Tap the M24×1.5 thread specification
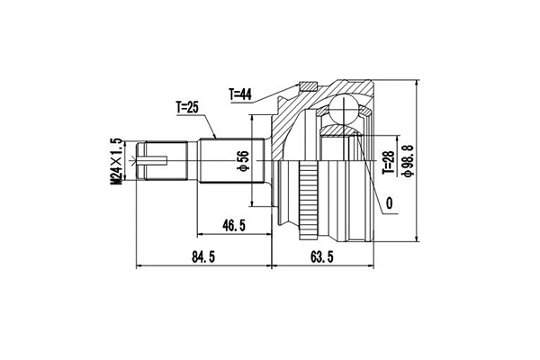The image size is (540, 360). pyautogui.click(x=116, y=162)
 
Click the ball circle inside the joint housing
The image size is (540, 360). pyautogui.click(x=342, y=111)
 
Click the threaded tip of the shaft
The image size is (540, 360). pyautogui.click(x=153, y=162)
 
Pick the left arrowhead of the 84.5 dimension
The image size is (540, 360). pyautogui.click(x=139, y=267)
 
